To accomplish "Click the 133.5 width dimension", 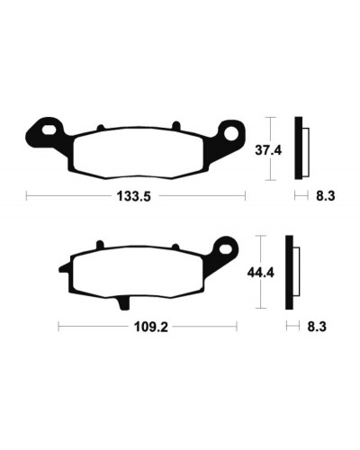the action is pyautogui.click(x=133, y=196).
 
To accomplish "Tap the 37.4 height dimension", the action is pyautogui.click(x=268, y=150).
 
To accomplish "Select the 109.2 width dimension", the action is pyautogui.click(x=151, y=327).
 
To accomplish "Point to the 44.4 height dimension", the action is pyautogui.click(x=260, y=273).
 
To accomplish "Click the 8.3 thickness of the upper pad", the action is pyautogui.click(x=326, y=196).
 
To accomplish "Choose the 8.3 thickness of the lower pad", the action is pyautogui.click(x=317, y=327).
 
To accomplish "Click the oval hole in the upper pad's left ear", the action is pyautogui.click(x=49, y=130).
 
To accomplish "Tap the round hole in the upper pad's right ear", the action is pyautogui.click(x=231, y=133).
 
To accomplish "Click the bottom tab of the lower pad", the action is pyautogui.click(x=123, y=302).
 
